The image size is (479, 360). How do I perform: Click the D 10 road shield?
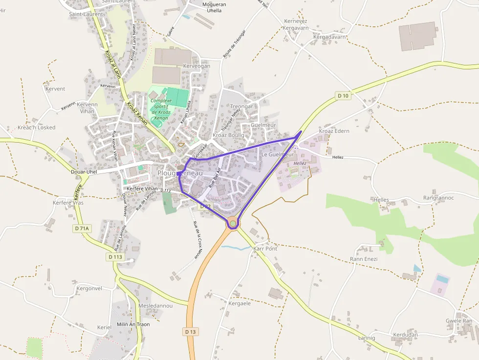[x=343, y=96]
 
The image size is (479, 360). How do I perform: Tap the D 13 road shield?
[x=191, y=332]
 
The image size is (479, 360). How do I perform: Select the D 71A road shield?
[x=83, y=228]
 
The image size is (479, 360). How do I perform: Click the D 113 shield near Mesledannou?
[x=116, y=256]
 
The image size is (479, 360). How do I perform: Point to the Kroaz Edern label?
[x=334, y=131]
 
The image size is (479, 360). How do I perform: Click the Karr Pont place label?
[x=265, y=249]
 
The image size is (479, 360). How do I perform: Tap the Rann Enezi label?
[x=364, y=259]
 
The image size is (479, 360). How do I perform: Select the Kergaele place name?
[x=239, y=303]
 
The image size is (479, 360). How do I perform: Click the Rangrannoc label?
[x=438, y=198]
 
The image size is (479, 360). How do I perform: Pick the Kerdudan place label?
[x=405, y=335]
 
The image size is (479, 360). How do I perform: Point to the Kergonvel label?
[x=89, y=288]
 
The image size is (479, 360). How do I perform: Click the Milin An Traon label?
[x=133, y=324]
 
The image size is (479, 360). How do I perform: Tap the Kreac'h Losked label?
[x=37, y=127]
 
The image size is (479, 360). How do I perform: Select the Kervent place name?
[x=55, y=89]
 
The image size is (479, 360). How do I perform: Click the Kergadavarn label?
[x=329, y=37]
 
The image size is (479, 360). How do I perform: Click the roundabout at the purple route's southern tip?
[x=233, y=224]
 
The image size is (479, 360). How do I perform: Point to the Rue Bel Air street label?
[x=215, y=178]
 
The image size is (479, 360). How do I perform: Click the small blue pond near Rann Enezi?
[x=416, y=268]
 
